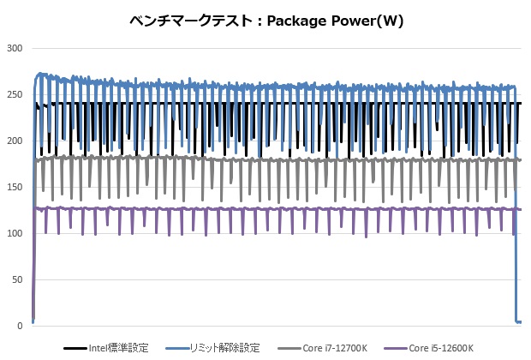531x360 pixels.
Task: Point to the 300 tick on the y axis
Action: pyautogui.click(x=14, y=48)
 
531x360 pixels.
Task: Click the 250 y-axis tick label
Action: pyautogui.click(x=14, y=94)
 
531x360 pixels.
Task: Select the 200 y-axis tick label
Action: pyautogui.click(x=14, y=141)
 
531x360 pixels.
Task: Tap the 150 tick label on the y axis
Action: pyautogui.click(x=14, y=187)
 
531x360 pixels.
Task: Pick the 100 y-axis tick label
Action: pyautogui.click(x=14, y=233)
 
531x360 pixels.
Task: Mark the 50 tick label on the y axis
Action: pyautogui.click(x=16, y=279)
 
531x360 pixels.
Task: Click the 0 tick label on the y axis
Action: pyautogui.click(x=19, y=326)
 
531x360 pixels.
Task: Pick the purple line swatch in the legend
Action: pyautogui.click(x=397, y=348)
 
